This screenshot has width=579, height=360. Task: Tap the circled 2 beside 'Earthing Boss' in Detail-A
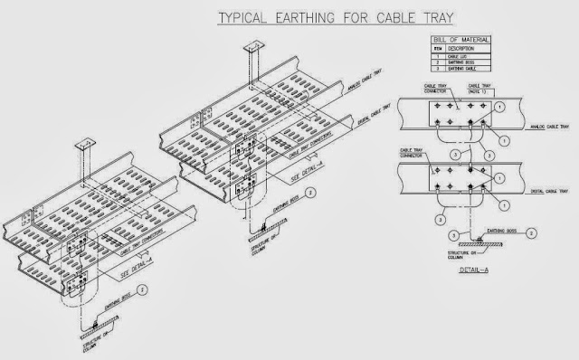(x=533, y=233)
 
